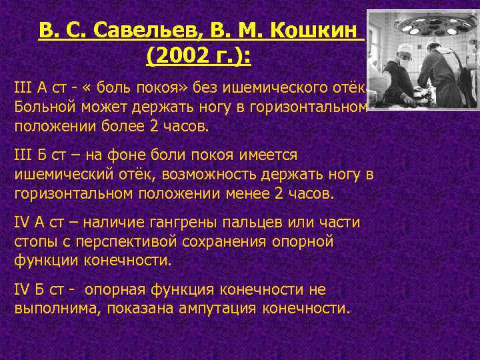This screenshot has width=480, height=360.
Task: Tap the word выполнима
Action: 49,309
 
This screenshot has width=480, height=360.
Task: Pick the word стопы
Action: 31,240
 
